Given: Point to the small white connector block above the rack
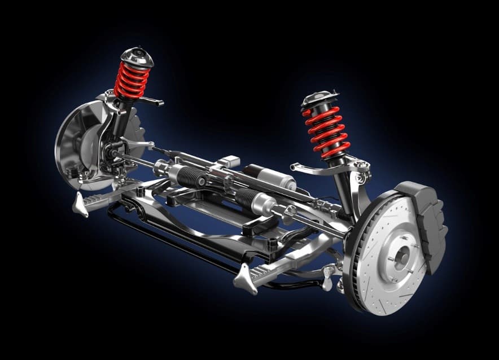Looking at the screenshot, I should pos(231,162).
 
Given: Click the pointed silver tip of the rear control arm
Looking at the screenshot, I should pos(81,205).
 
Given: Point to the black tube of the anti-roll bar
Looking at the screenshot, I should pos(169,237).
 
